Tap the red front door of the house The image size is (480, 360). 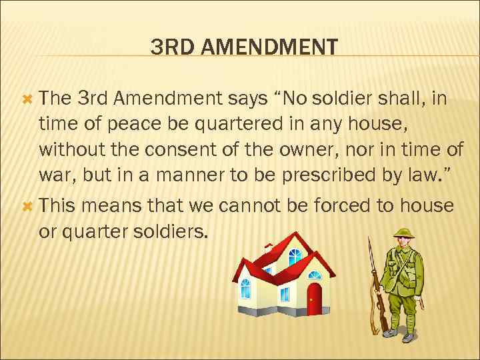coord(314,298)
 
